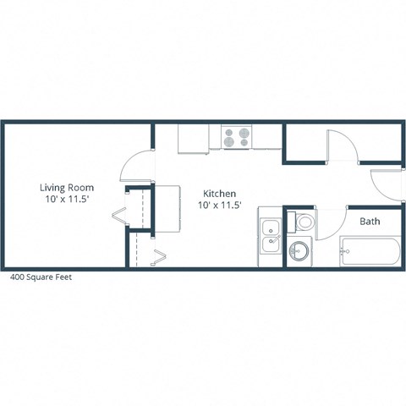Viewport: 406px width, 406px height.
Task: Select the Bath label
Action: pyautogui.click(x=370, y=222)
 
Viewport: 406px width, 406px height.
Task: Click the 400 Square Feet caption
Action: pyautogui.click(x=41, y=276)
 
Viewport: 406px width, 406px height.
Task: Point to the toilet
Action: pyautogui.click(x=304, y=222)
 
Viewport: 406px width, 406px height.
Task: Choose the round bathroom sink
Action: pyautogui.click(x=299, y=251)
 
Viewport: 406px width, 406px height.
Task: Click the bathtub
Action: pyautogui.click(x=369, y=251)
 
